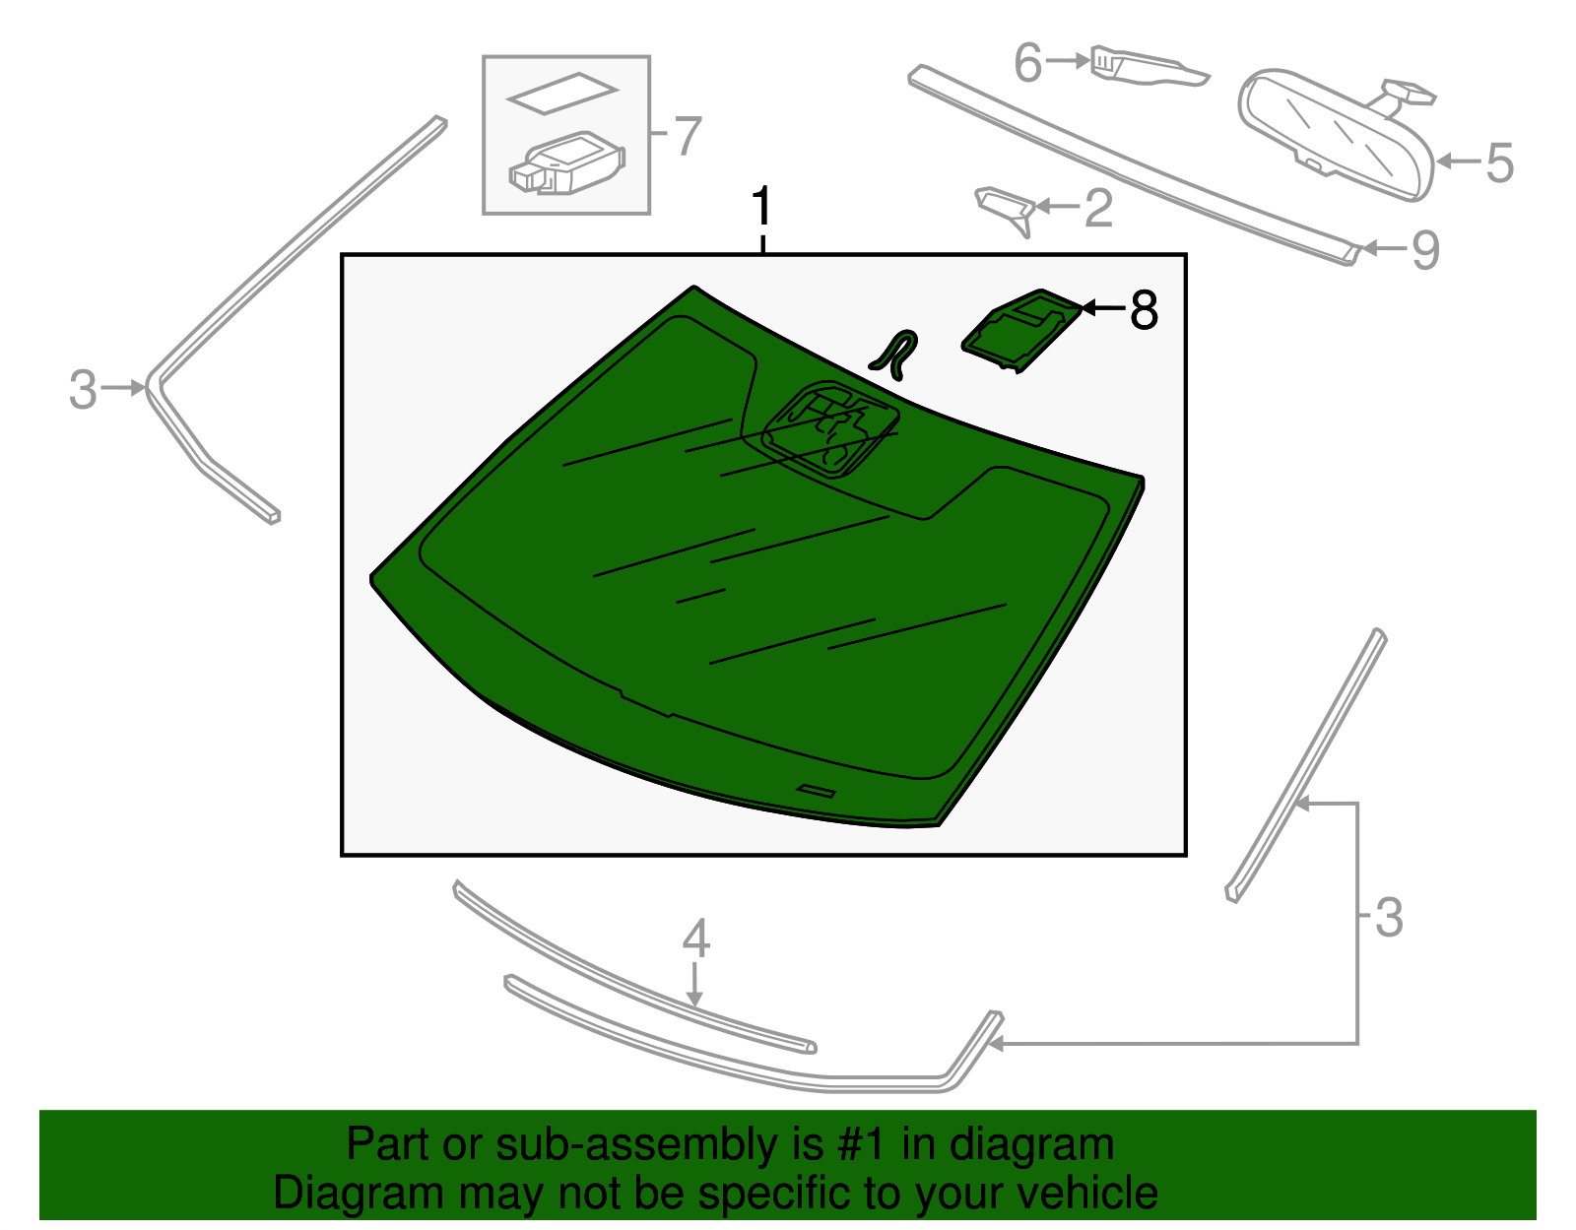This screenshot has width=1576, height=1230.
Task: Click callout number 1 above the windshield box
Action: [760, 207]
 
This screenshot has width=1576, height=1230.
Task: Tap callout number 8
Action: [1144, 309]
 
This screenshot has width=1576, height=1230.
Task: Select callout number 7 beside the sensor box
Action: [689, 136]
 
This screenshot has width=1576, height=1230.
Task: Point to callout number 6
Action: [1027, 62]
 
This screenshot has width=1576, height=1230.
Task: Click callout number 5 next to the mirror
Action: [1500, 162]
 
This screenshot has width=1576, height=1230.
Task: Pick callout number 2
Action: [1098, 208]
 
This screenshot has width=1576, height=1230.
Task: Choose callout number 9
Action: [1425, 250]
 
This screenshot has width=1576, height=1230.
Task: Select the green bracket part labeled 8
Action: [1022, 331]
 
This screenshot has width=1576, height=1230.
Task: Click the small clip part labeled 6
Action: [1149, 66]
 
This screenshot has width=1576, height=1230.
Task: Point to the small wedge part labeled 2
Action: [1006, 210]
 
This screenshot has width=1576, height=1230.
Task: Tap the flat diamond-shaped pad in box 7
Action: [562, 93]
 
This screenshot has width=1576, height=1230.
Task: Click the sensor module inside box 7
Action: [568, 163]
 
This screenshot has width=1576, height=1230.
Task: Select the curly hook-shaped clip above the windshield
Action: [895, 355]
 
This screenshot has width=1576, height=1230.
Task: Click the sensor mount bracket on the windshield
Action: [831, 429]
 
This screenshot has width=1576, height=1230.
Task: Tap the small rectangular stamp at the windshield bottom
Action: [816, 791]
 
